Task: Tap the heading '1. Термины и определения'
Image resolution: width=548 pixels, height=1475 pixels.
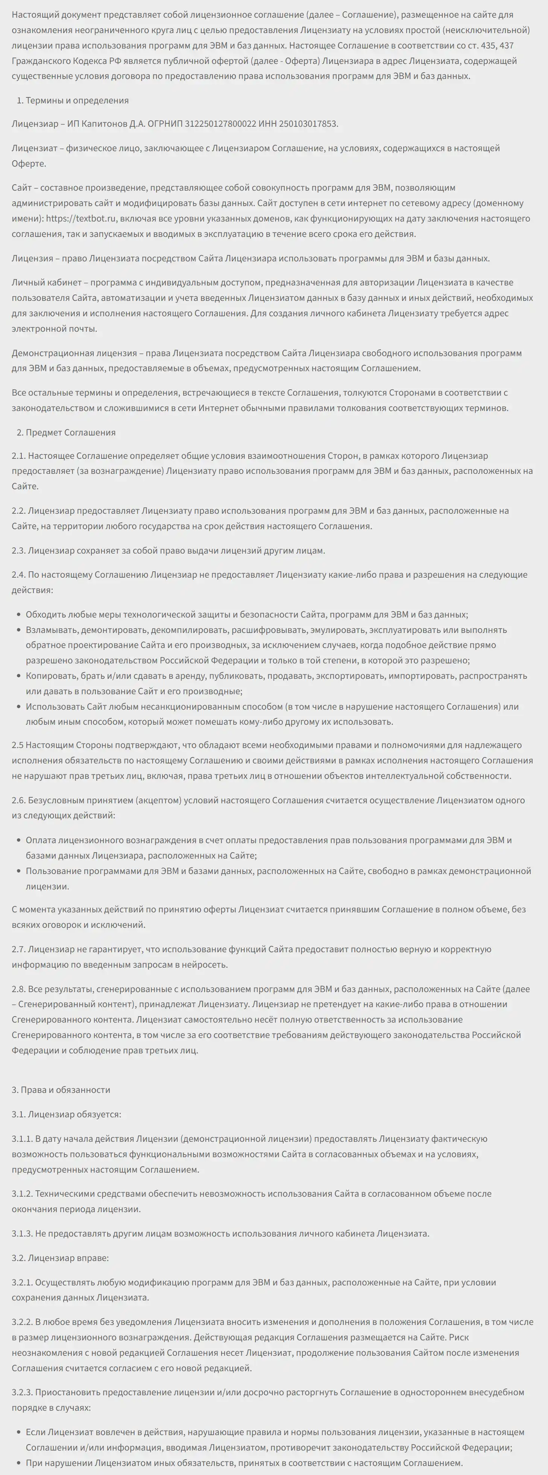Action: [x=72, y=100]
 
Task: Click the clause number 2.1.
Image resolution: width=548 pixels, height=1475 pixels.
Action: [x=18, y=456]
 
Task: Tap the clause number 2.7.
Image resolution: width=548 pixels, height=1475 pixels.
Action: [x=18, y=949]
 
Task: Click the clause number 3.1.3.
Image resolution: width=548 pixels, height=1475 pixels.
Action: [x=22, y=1233]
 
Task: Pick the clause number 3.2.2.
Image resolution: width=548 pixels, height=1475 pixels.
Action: [x=22, y=1322]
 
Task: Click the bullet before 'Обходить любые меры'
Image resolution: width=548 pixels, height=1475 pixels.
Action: [x=19, y=615]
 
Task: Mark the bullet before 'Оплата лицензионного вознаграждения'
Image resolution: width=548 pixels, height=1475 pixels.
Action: [x=19, y=841]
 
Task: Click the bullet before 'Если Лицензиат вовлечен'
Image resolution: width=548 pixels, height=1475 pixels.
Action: [x=19, y=1433]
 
